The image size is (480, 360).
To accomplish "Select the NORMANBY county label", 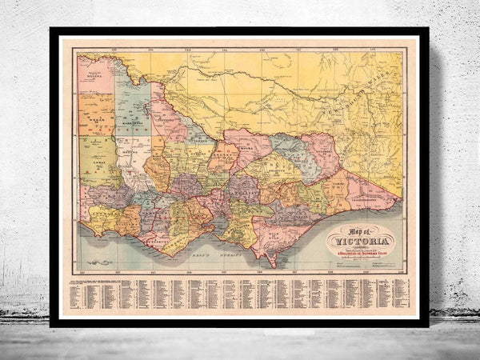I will point(102,214).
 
